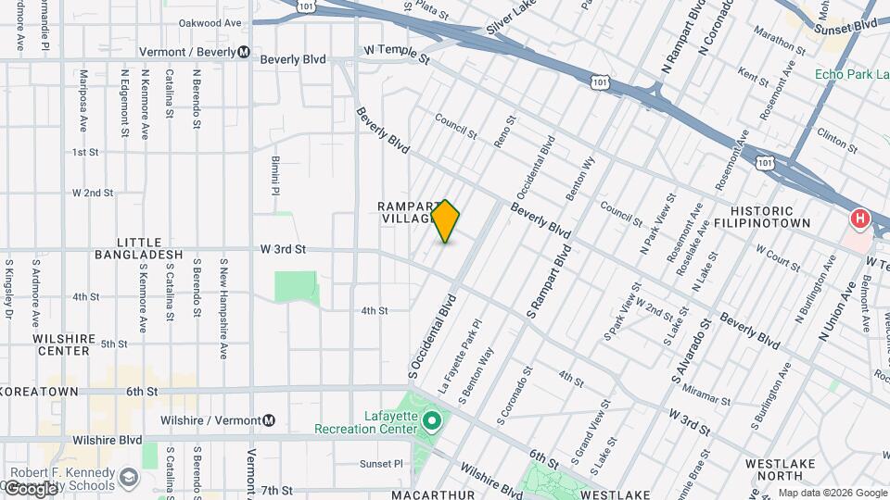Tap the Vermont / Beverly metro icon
[x=243, y=52]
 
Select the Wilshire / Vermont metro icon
[x=269, y=419]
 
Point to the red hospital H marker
[x=859, y=219]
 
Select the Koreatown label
[x=39, y=392]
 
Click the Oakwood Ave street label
[x=210, y=22]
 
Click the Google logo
[x=30, y=488]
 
